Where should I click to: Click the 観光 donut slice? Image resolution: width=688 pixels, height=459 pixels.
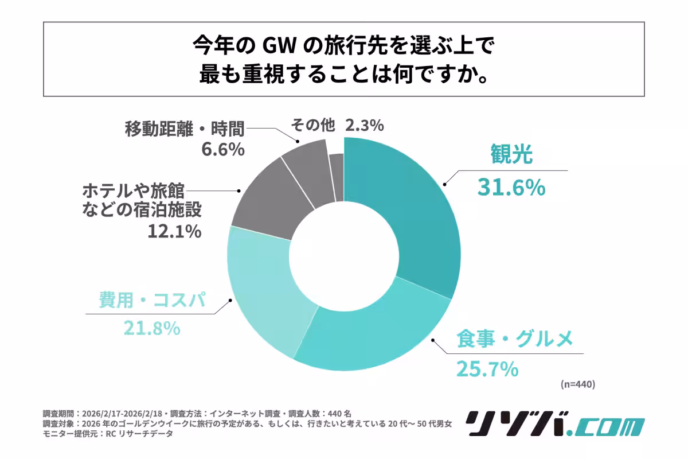(413, 212)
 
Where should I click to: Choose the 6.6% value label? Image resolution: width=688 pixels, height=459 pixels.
(222, 150)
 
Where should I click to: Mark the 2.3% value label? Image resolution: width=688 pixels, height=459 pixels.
(364, 125)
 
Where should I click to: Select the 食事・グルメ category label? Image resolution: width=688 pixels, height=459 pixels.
(514, 340)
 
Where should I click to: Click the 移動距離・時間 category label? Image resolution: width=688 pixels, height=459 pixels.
(185, 128)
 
